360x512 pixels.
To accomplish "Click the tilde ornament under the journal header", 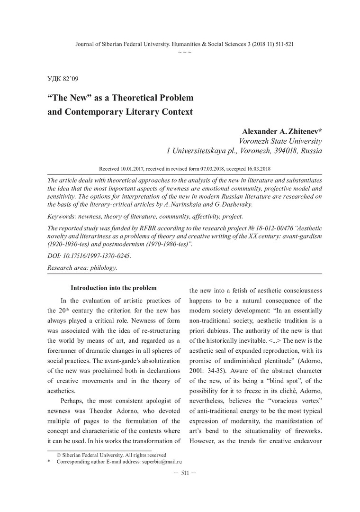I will click(185, 51).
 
